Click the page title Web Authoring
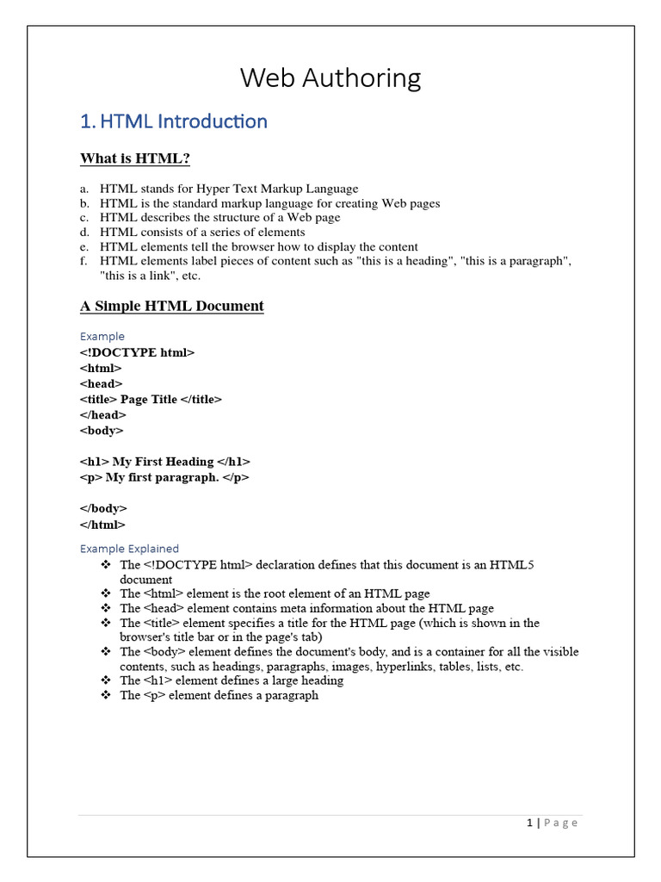(x=330, y=78)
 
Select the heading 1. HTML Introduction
(x=173, y=121)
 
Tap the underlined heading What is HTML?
(x=134, y=158)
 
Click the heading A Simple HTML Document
(x=171, y=306)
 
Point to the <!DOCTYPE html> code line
(x=138, y=352)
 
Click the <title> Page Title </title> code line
(x=151, y=399)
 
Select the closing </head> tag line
(x=103, y=414)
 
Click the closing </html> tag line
(x=102, y=524)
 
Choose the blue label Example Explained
(x=129, y=549)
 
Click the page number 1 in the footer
(x=530, y=823)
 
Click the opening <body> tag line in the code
(x=102, y=430)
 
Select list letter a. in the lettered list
(x=84, y=189)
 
